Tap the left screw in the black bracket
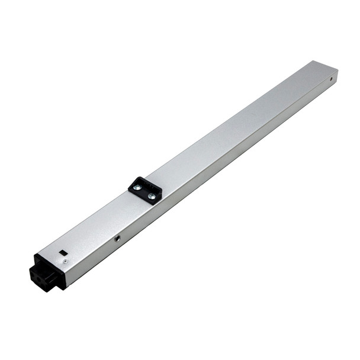[x=137, y=188]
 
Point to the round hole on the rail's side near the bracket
[x=117, y=239]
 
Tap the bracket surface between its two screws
[x=145, y=192]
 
